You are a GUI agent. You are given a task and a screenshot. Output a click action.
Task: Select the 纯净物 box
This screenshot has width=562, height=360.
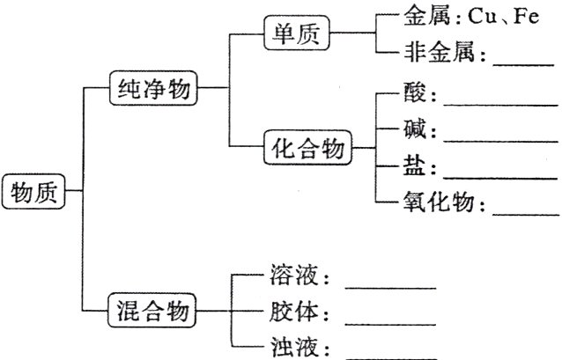(153, 87)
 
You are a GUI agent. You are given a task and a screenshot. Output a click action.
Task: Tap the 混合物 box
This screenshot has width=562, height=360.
(153, 311)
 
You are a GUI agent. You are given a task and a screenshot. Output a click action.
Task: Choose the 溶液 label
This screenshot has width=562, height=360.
(294, 279)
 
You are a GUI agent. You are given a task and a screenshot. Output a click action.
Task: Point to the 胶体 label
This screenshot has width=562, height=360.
(294, 313)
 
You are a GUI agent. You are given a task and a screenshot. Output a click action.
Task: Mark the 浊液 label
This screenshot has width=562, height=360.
(294, 348)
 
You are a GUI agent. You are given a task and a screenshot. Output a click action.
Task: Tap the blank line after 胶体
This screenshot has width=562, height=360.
(390, 322)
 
